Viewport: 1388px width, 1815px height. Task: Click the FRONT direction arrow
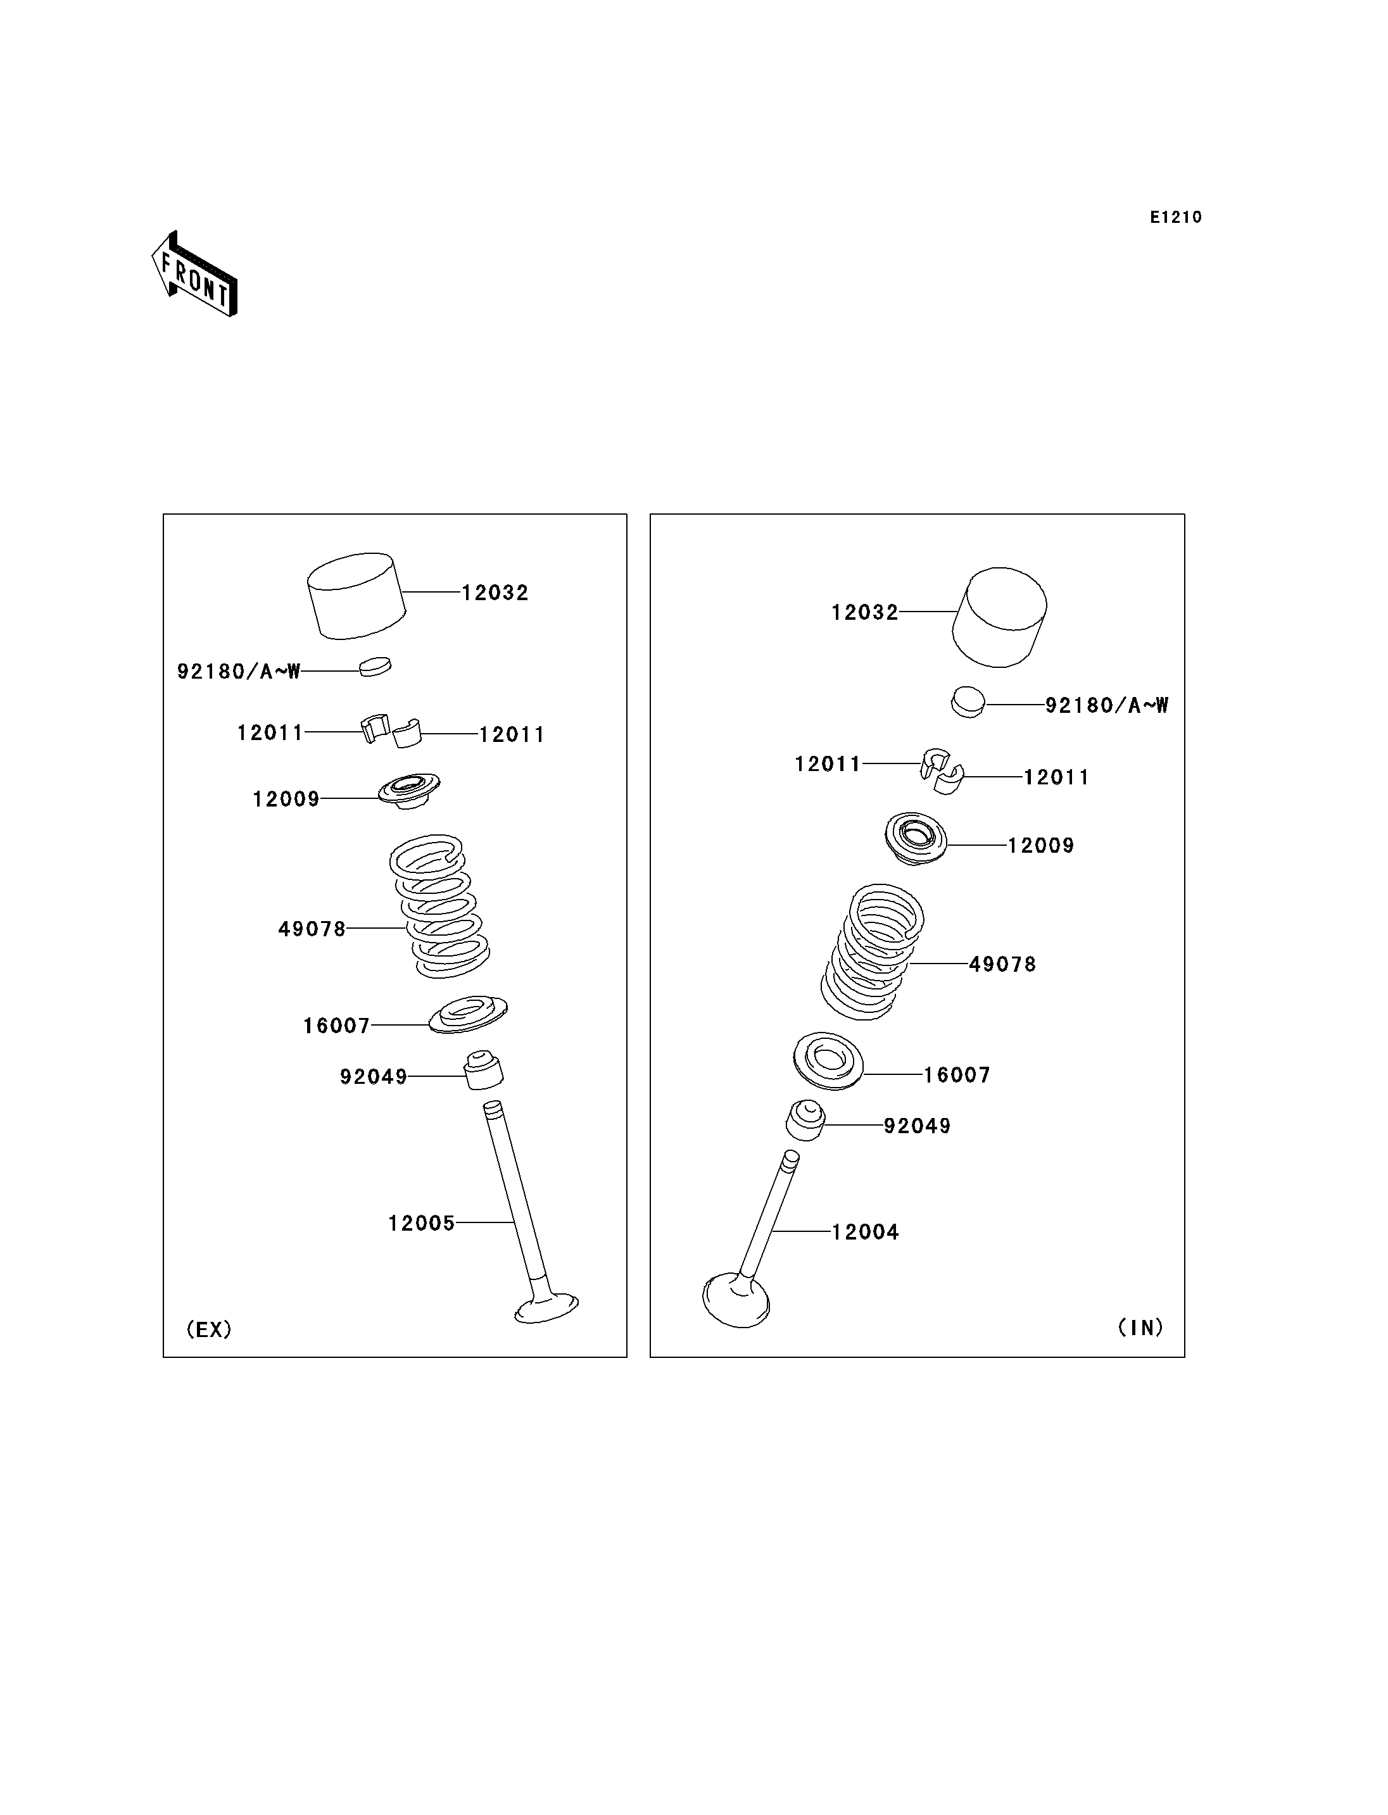point(194,273)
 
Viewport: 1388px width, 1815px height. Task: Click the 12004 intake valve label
point(865,1232)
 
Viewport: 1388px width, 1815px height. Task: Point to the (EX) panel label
point(209,1329)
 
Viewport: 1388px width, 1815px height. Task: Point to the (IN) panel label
point(1140,1327)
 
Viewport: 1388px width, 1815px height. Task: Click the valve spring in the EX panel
point(439,907)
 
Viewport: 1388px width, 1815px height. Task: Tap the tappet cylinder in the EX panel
point(356,596)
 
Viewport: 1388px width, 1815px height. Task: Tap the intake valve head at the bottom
point(736,1302)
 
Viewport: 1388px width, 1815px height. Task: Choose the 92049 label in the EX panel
point(374,1077)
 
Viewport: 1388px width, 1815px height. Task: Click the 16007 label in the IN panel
point(957,1075)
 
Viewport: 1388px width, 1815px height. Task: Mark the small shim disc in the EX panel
point(375,666)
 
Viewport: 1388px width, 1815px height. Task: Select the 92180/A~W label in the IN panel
point(1107,705)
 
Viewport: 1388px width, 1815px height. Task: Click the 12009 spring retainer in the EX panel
point(409,791)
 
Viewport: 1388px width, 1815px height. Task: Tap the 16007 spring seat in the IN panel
point(828,1061)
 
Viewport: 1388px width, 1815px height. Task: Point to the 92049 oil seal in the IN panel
point(805,1121)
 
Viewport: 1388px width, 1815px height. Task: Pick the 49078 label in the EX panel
point(312,929)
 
